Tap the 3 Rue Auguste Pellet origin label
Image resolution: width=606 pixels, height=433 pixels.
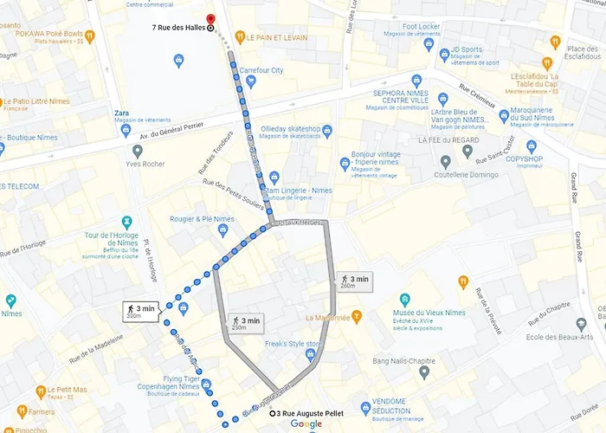[310, 413]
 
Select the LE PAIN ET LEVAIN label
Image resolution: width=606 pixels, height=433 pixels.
[278, 38]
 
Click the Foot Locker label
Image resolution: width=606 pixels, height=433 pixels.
[423, 27]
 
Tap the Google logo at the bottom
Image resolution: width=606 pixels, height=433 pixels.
[306, 424]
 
